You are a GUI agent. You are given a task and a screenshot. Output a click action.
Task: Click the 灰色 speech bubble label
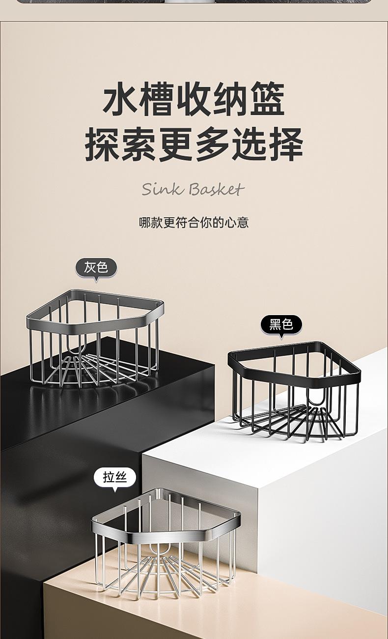click(96, 268)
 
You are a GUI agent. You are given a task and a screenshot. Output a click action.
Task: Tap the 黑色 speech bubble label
click(281, 324)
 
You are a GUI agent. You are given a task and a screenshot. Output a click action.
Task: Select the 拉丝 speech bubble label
click(115, 478)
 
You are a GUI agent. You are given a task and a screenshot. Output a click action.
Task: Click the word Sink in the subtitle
click(162, 189)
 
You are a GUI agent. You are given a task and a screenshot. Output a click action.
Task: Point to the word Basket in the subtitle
click(216, 189)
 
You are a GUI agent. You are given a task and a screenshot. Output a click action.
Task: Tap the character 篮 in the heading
click(267, 100)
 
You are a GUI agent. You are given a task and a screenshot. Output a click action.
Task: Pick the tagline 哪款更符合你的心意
click(194, 222)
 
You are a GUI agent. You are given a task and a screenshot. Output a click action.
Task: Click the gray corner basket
click(95, 339)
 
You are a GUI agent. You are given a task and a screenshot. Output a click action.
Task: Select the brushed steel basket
click(166, 541)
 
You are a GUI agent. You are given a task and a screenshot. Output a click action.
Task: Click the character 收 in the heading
click(194, 100)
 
